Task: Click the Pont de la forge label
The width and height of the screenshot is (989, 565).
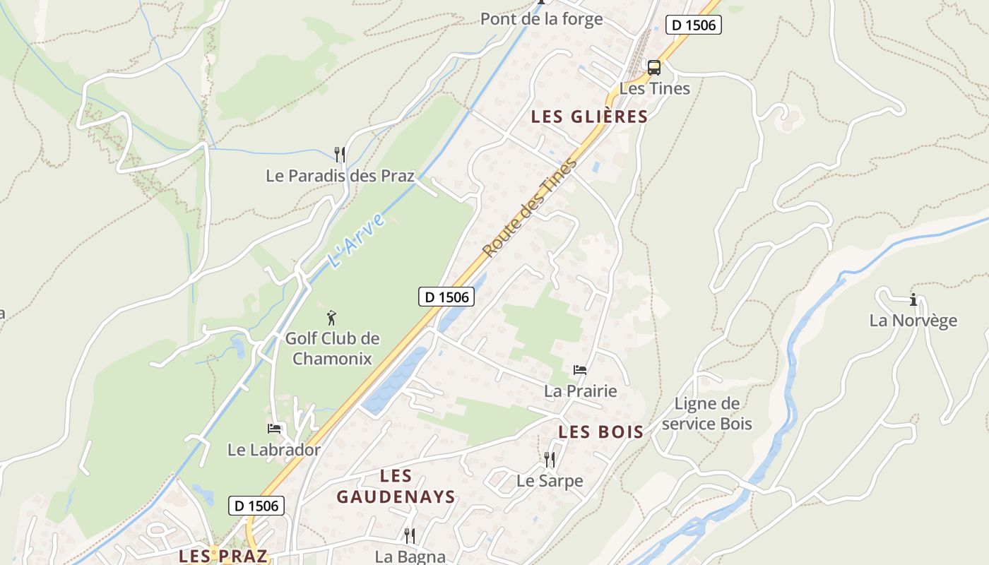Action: coord(541,19)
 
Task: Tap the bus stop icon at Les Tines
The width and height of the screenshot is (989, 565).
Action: coord(654,68)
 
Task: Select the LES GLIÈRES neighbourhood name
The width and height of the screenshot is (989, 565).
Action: coord(589,117)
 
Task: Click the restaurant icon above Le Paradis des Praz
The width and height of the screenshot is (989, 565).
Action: coord(340,154)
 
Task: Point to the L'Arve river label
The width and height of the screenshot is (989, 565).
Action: coord(357,240)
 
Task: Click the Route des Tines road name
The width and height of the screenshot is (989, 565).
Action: coord(530,208)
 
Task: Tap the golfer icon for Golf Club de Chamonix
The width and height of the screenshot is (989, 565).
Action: coord(331,319)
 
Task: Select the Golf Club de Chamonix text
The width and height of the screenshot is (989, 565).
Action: coord(332,348)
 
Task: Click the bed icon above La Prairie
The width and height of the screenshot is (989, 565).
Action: coord(580,369)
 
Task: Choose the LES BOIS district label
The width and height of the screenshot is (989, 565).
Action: coord(600,432)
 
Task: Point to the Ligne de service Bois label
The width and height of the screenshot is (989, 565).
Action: coord(707,414)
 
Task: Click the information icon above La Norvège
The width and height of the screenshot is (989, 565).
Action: coord(913,299)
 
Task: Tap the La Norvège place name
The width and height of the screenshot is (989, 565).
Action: coord(913,321)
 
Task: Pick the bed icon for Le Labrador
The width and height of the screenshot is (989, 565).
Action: coord(274,428)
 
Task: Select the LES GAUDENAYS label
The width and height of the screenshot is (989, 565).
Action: coord(396,486)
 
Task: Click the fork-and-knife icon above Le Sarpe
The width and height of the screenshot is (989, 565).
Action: coord(550,460)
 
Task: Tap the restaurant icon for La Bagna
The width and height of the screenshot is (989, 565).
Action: coord(409,535)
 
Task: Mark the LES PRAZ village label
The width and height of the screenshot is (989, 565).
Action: coord(223,556)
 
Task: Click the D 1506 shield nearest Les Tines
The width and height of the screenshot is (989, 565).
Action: coord(693,25)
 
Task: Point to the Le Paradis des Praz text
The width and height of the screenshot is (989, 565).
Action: coord(340,176)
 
